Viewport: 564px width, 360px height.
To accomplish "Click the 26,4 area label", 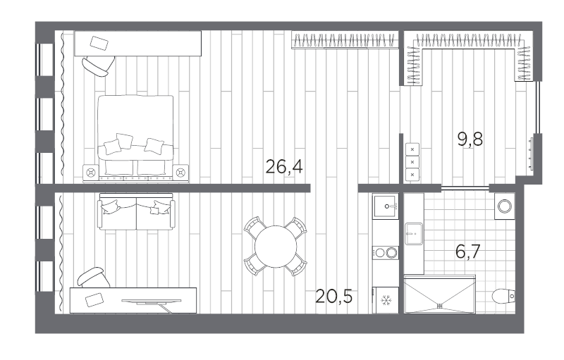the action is pyautogui.click(x=284, y=166).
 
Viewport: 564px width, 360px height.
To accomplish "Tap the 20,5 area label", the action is pyautogui.click(x=333, y=296).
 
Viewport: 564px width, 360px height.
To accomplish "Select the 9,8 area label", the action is pyautogui.click(x=470, y=139).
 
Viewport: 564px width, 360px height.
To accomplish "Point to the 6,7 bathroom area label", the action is pyautogui.click(x=467, y=251).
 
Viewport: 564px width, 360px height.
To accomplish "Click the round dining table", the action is pyautogui.click(x=276, y=247).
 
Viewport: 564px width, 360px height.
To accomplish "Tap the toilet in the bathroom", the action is pyautogui.click(x=503, y=296).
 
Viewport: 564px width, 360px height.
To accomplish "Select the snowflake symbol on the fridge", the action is pyautogui.click(x=386, y=300).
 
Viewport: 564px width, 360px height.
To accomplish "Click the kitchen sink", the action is pyautogui.click(x=386, y=206).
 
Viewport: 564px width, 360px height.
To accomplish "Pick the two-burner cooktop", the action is pyautogui.click(x=386, y=253).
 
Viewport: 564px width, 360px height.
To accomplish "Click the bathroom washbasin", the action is pyautogui.click(x=414, y=233).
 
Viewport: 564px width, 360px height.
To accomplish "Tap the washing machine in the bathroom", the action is pyautogui.click(x=505, y=206).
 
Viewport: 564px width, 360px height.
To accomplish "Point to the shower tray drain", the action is pyautogui.click(x=439, y=306).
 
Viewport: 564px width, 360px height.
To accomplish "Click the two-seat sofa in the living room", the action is pyautogui.click(x=136, y=211).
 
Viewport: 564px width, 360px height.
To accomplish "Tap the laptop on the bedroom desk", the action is pyautogui.click(x=99, y=44).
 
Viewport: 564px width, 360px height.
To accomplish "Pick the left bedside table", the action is pyautogui.click(x=91, y=173).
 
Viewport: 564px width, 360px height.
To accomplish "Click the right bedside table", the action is pyautogui.click(x=180, y=173).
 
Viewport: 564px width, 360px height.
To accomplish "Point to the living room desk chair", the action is pyautogui.click(x=94, y=278).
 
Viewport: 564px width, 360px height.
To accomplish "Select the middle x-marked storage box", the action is pyautogui.click(x=412, y=162).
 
